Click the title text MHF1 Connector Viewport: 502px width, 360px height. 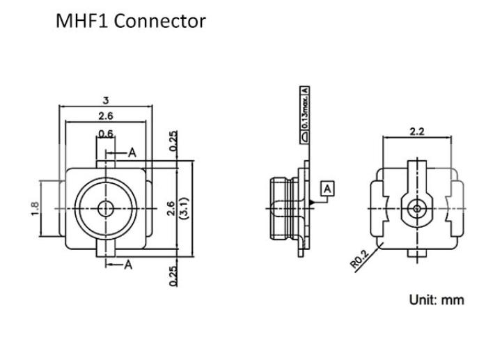pyautogui.click(x=131, y=21)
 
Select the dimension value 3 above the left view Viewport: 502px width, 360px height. pyautogui.click(x=106, y=100)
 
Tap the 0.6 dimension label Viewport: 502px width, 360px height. pyautogui.click(x=106, y=134)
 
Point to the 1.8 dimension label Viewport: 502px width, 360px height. pyautogui.click(x=35, y=208)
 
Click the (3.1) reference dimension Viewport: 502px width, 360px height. pyautogui.click(x=185, y=208)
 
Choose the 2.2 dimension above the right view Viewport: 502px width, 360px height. pyautogui.click(x=417, y=132)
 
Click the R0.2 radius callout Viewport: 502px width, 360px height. pyautogui.click(x=359, y=260)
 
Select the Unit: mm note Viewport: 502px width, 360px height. pyautogui.click(x=437, y=300)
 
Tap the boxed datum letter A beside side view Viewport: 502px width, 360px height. pyautogui.click(x=327, y=189)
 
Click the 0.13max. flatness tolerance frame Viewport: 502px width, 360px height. pyautogui.click(x=305, y=115)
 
